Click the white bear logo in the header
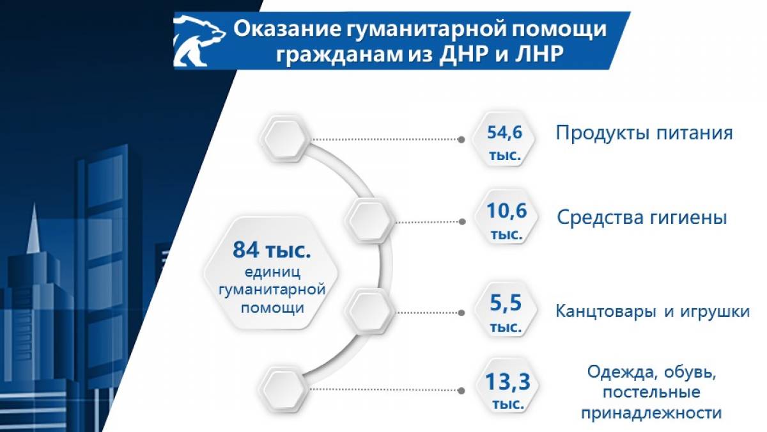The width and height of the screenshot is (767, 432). [199, 40]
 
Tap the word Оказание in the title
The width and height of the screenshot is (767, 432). [287, 29]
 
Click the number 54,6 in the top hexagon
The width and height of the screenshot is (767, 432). [505, 132]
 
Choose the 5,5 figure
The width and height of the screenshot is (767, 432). [506, 303]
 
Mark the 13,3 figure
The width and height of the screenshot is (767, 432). [507, 381]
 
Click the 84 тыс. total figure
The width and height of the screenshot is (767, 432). [272, 250]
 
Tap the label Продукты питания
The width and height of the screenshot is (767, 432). [644, 133]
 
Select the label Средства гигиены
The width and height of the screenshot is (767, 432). [642, 218]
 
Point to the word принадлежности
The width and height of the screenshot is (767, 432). [651, 413]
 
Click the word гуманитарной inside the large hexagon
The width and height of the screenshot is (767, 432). [272, 290]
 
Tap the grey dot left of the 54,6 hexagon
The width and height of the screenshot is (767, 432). [461, 140]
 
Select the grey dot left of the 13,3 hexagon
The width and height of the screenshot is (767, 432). [461, 390]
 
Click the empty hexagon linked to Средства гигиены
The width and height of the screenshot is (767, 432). [369, 220]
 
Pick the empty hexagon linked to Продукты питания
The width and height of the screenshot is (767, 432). [284, 138]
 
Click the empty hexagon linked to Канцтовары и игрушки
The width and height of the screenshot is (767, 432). [369, 310]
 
